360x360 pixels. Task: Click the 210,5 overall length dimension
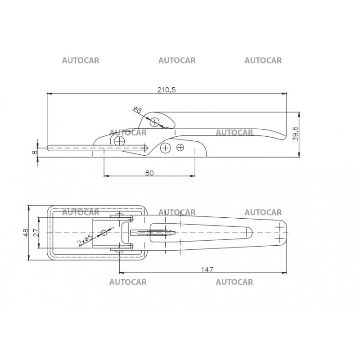(166, 90)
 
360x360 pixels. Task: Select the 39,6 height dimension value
(296, 133)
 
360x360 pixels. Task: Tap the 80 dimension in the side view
(149, 173)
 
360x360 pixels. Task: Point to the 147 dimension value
(207, 269)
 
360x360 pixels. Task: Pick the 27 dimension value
(36, 232)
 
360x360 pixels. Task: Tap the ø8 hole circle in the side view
(154, 122)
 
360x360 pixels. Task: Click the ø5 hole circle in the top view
(104, 233)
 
